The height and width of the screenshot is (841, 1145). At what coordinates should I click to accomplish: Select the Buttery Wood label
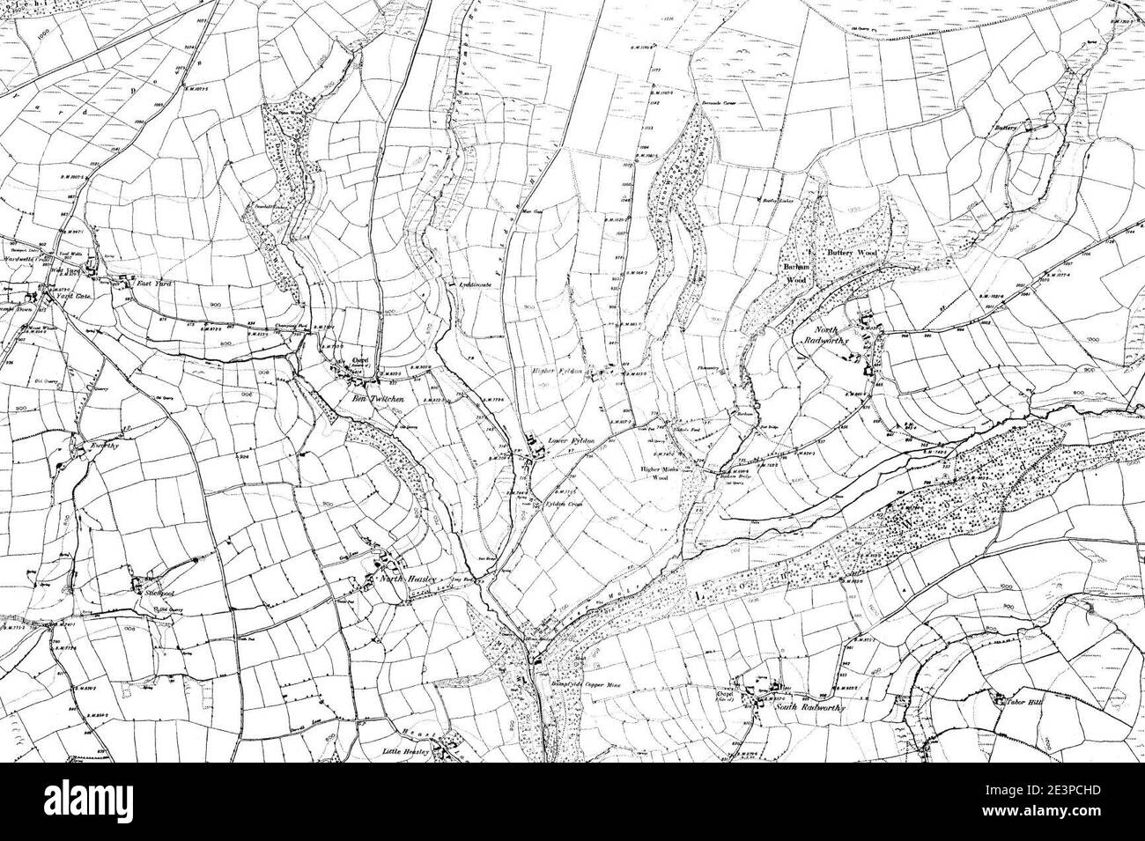(x=852, y=253)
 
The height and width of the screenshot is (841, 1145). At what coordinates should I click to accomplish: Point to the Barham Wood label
(x=796, y=273)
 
